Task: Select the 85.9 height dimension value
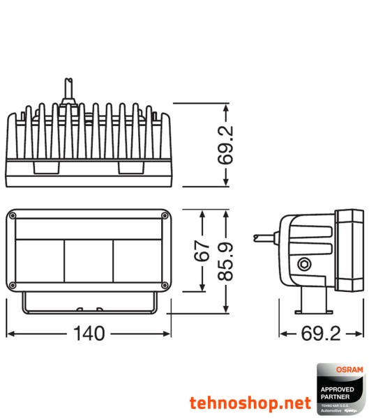(225, 261)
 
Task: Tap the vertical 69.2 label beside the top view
(225, 145)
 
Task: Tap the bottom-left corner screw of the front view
(13, 284)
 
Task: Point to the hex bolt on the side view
(304, 264)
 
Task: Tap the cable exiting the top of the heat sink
(70, 91)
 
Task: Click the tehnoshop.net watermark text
(250, 403)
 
